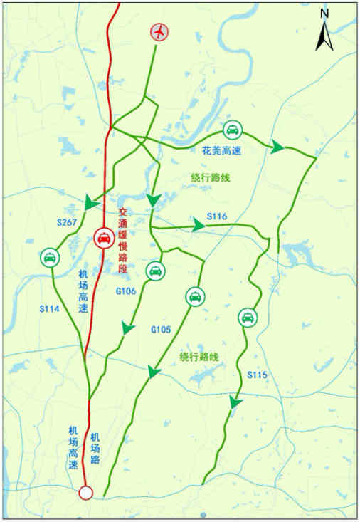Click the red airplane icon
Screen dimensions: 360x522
[161, 32]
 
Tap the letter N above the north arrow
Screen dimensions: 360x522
[324, 12]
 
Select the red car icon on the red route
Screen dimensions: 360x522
[102, 239]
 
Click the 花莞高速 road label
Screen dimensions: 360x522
[221, 151]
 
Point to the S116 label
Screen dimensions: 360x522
[216, 216]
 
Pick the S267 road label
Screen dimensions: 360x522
[65, 223]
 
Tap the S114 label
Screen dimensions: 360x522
[48, 308]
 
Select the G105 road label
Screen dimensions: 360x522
[161, 330]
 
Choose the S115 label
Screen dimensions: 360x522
[257, 374]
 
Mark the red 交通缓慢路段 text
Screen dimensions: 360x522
[122, 241]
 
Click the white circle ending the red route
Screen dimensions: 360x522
[86, 492]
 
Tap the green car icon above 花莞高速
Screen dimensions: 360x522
[232, 130]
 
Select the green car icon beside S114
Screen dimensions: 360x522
[49, 257]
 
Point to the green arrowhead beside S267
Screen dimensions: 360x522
[91, 204]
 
